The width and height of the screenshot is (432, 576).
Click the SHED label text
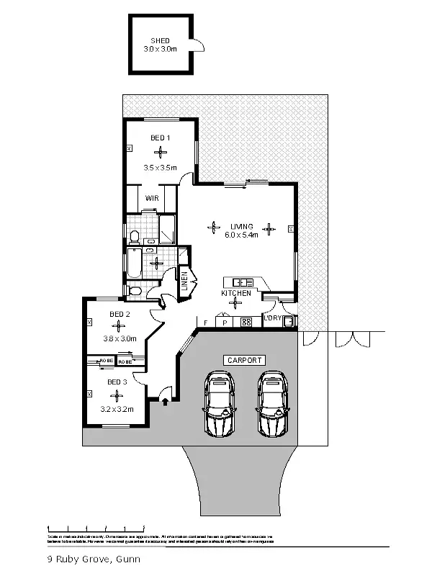coord(160,40)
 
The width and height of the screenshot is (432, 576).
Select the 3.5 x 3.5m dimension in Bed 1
coord(160,167)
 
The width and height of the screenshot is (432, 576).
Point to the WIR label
coord(152,197)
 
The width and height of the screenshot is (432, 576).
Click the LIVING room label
coord(242,225)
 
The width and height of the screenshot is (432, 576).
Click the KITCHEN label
coord(236,293)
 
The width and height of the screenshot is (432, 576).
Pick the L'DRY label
coord(273,318)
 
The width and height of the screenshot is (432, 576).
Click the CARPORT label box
coord(245,360)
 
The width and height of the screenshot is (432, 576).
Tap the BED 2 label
coord(120,314)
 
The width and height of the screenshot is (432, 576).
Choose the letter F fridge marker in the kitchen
coord(206,323)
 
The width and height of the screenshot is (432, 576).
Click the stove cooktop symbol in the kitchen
coord(245,323)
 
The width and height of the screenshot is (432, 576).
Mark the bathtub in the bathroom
coord(135,264)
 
